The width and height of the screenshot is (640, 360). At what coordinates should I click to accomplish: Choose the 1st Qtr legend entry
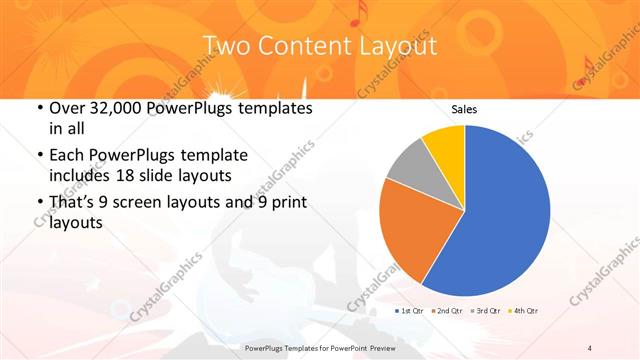tap(411, 312)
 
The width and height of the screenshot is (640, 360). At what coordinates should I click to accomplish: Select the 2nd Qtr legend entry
tap(447, 312)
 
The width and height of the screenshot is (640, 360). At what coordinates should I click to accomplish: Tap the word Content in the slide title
tap(306, 46)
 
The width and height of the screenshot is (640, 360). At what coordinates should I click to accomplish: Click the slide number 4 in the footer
tap(591, 347)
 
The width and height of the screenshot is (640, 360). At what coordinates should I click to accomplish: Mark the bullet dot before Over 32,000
tap(39, 108)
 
